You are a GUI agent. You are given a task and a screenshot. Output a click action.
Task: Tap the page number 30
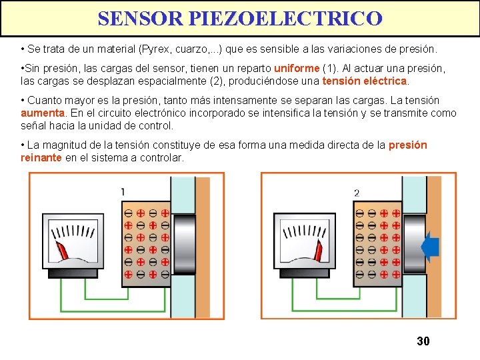(423, 341)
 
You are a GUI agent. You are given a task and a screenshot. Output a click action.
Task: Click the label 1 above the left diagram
(123, 192)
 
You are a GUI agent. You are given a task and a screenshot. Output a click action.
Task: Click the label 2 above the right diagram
(357, 193)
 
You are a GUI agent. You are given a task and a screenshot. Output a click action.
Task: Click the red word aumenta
(41, 113)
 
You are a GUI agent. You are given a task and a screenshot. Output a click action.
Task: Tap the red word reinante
(41, 157)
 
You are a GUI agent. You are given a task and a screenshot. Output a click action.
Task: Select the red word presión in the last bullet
(407, 145)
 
